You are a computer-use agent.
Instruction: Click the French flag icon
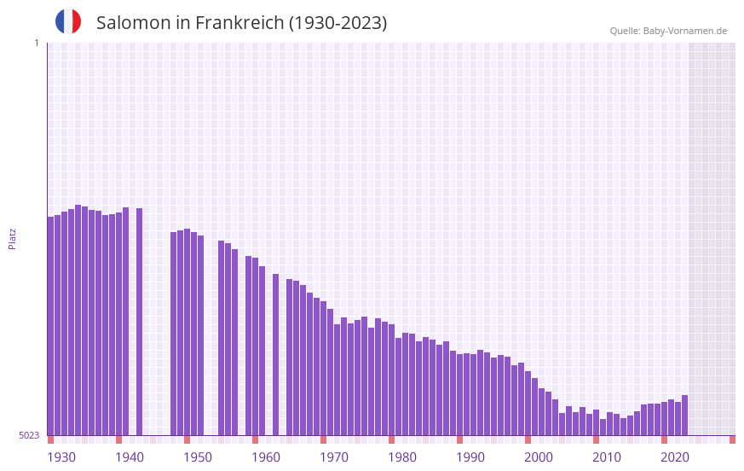[68, 21]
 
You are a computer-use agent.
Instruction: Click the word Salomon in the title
[134, 23]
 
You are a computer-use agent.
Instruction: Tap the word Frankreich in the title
[238, 23]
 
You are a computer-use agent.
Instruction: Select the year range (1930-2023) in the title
[337, 23]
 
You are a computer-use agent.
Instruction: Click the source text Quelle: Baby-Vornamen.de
[668, 31]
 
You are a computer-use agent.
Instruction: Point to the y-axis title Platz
[12, 238]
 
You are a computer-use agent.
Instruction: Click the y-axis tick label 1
[37, 43]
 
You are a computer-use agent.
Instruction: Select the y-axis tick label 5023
[29, 435]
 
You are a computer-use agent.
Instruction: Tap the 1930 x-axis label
[61, 457]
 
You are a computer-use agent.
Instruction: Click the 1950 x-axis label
[198, 457]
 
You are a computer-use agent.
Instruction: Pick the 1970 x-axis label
[334, 457]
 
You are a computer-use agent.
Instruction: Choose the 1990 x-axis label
[470, 457]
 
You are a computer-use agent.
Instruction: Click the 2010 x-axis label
[607, 457]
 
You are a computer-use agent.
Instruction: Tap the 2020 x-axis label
[675, 457]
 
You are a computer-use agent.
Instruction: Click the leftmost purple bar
[50, 324]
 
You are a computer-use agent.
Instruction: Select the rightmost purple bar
[684, 415]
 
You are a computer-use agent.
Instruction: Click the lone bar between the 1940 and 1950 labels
[139, 321]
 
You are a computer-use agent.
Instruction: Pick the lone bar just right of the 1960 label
[275, 354]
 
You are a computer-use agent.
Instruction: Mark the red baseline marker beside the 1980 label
[391, 439]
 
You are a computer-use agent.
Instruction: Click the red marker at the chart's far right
[732, 439]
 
